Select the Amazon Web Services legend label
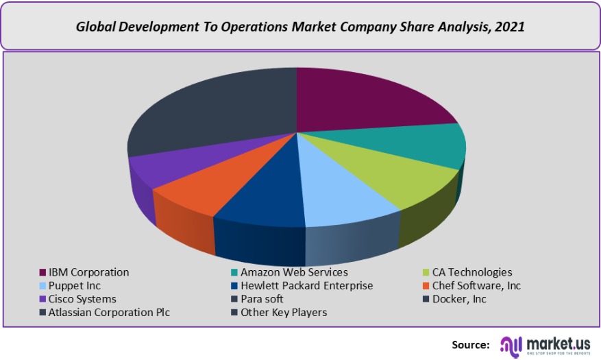click(x=295, y=272)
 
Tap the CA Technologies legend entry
click(x=472, y=272)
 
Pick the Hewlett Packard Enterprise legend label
click(x=306, y=285)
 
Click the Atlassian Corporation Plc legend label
click(x=109, y=312)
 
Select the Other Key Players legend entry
click(x=284, y=312)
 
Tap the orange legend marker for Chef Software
click(x=426, y=286)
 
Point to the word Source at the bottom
click(x=470, y=344)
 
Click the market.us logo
click(x=548, y=344)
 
